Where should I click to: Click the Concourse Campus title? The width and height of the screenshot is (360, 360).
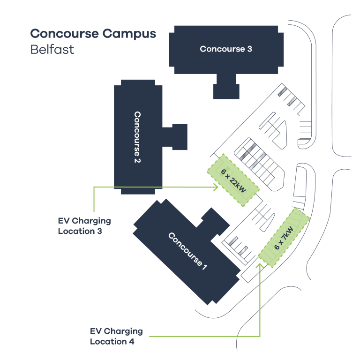pos(93,34)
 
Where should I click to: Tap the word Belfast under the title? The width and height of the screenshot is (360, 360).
pos(52,49)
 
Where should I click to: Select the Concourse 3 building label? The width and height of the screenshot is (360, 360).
pos(226,49)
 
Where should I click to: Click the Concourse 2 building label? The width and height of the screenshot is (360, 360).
pos(137,137)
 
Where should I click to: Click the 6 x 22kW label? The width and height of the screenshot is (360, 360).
pos(234,180)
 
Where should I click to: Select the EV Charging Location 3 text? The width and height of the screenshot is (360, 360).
pos(84,225)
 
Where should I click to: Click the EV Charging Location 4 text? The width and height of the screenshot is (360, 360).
pos(116,337)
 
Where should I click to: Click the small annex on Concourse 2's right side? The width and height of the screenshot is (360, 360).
pos(178,136)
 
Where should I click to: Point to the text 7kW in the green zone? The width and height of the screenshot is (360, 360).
pos(287,233)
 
